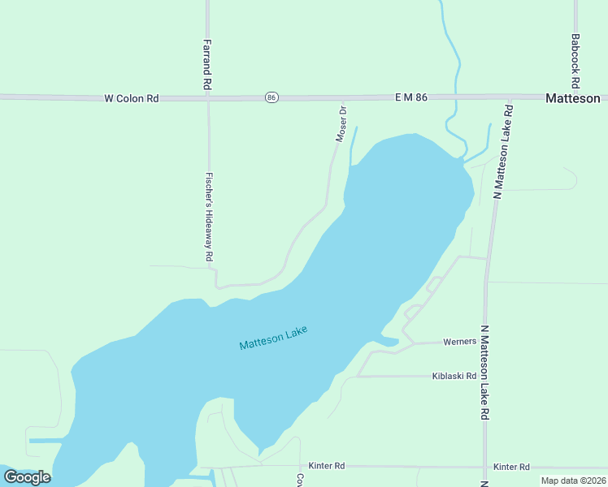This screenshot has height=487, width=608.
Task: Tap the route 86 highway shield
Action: pyautogui.click(x=271, y=97)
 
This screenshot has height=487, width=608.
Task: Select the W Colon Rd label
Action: pyautogui.click(x=131, y=98)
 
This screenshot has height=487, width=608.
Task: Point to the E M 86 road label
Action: pyautogui.click(x=410, y=97)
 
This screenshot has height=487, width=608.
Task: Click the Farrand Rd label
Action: pyautogui.click(x=207, y=64)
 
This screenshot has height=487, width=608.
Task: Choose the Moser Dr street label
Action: pyautogui.click(x=342, y=124)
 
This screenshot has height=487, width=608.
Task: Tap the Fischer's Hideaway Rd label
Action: pyautogui.click(x=209, y=217)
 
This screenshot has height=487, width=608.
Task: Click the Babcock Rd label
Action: pyautogui.click(x=575, y=61)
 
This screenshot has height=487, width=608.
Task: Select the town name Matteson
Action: pyautogui.click(x=572, y=98)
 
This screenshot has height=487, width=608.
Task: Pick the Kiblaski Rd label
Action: pyautogui.click(x=454, y=376)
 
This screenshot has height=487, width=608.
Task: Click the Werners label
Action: pyautogui.click(x=459, y=342)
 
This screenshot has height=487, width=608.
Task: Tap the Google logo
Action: pyautogui.click(x=27, y=476)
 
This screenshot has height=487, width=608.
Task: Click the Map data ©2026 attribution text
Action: pyautogui.click(x=573, y=481)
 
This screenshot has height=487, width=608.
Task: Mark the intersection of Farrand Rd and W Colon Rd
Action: pyautogui.click(x=208, y=97)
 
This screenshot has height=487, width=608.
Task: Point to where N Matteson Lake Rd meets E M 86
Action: pyautogui.click(x=510, y=98)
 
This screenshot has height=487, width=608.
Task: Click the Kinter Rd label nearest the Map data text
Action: pyautogui.click(x=511, y=467)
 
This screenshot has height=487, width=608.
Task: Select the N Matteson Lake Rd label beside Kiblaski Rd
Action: pyautogui.click(x=484, y=372)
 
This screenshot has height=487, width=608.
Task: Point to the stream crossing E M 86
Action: pyautogui.click(x=458, y=97)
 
